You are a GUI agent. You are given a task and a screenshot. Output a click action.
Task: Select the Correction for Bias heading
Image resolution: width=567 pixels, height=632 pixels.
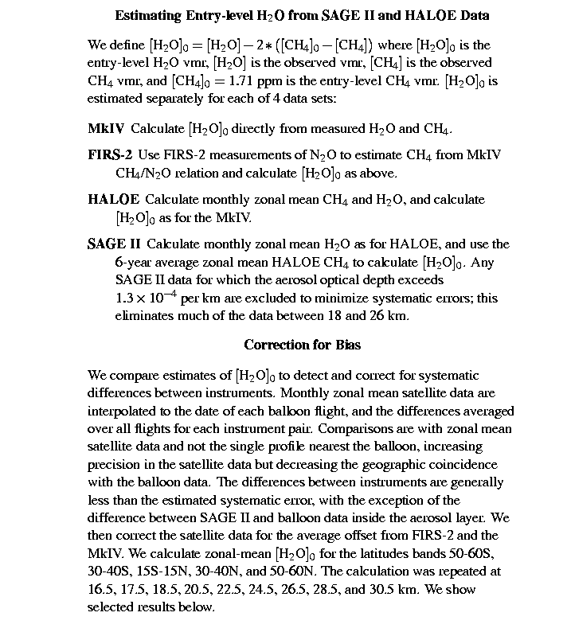point(302,345)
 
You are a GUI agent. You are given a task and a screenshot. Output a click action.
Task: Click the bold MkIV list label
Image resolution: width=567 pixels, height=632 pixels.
point(106,128)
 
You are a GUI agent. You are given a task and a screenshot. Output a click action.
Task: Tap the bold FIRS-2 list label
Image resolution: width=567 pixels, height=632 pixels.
point(110,154)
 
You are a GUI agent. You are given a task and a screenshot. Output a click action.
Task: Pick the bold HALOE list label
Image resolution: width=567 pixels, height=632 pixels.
point(113,199)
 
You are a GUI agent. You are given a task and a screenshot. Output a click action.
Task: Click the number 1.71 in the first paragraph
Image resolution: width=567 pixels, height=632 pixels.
point(205,80)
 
